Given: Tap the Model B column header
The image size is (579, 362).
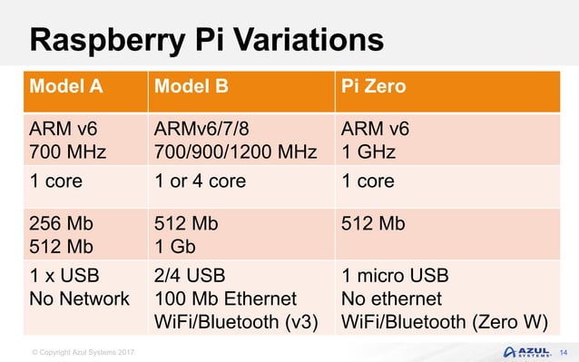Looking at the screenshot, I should (x=193, y=89).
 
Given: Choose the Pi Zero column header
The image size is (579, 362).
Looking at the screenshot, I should (x=373, y=89).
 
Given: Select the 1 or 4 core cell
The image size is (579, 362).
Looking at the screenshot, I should (x=201, y=181).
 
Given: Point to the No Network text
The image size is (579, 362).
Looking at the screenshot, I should (x=80, y=298).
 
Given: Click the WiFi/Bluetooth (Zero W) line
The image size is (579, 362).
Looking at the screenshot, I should (x=444, y=321).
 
